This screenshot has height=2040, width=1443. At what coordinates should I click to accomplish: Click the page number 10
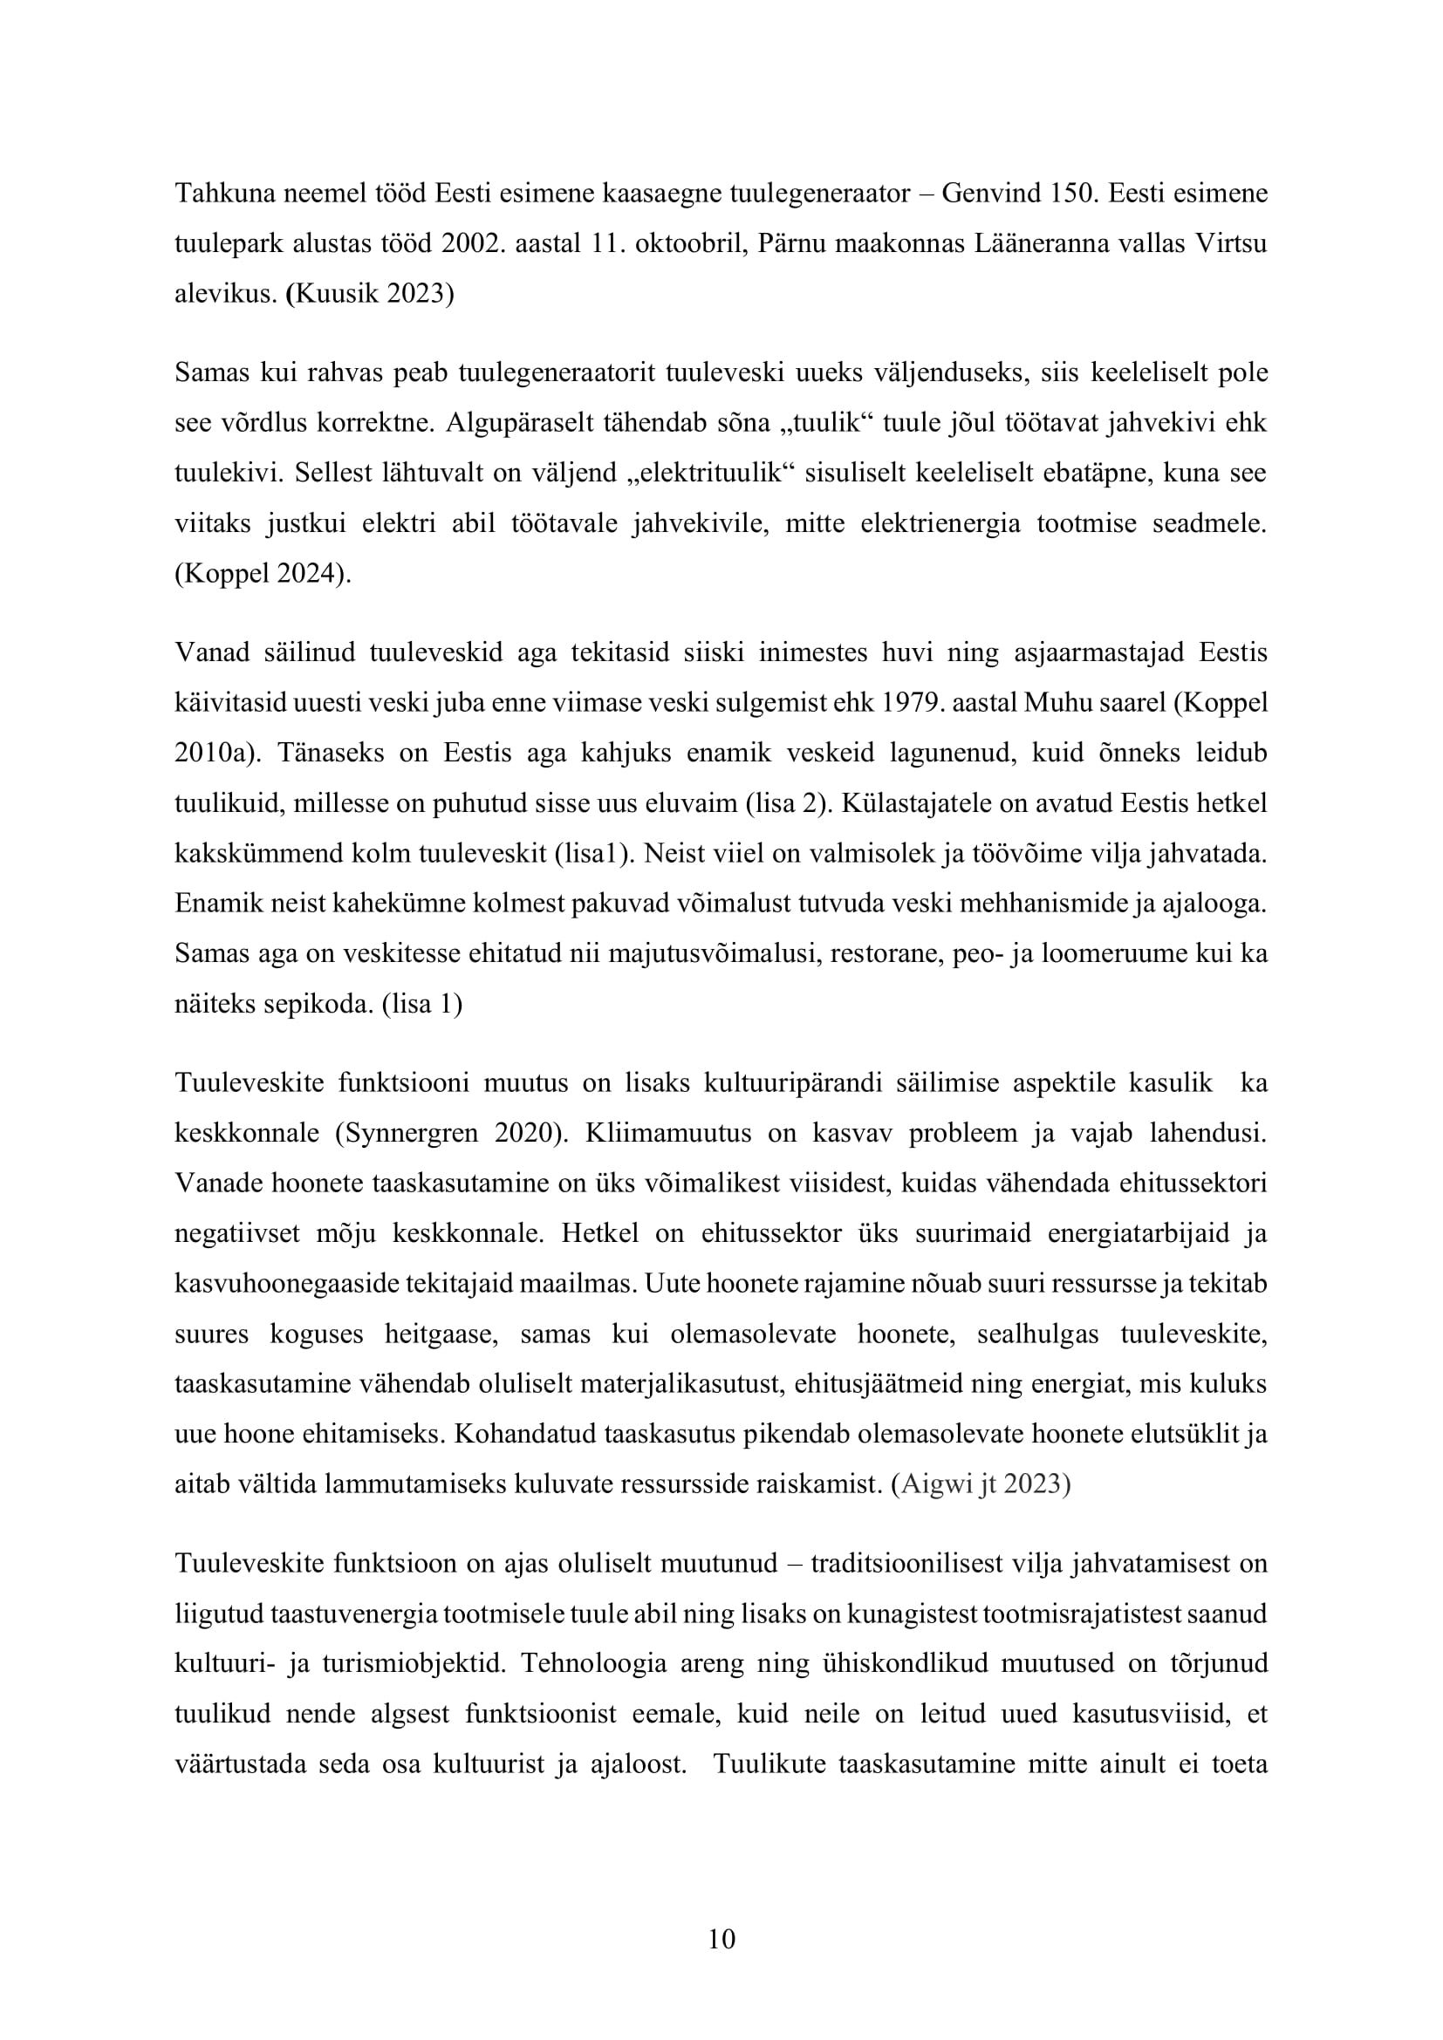click(x=721, y=1939)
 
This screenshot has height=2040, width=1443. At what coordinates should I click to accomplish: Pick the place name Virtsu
click(x=1232, y=243)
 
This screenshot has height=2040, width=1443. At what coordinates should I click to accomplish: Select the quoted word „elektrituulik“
click(x=708, y=473)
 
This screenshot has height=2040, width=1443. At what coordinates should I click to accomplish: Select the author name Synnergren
click(x=408, y=1134)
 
